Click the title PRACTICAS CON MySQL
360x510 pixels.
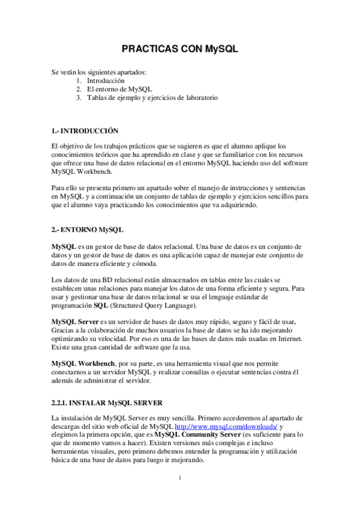[x=180, y=49]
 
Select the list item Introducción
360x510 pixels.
[x=105, y=80]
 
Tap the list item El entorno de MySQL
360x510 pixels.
[x=119, y=88]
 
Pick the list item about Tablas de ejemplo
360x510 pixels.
[x=152, y=97]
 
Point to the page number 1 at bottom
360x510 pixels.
[x=180, y=479]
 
